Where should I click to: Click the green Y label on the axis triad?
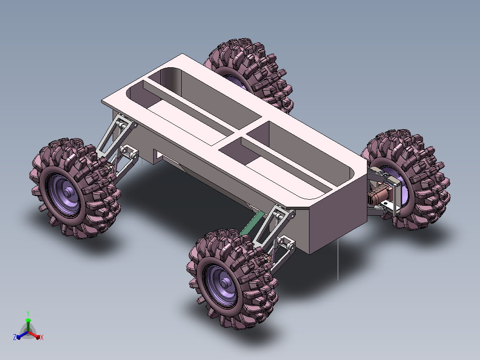tap(28, 313)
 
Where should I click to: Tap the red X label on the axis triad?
tap(42, 337)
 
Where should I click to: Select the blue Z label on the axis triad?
tap(14, 337)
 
